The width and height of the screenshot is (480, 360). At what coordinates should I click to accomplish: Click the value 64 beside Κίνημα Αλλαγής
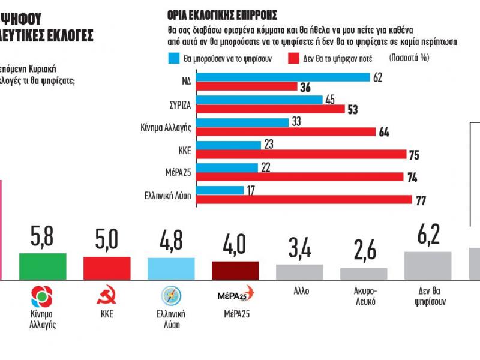(385, 132)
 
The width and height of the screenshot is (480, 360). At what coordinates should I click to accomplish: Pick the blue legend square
(171, 58)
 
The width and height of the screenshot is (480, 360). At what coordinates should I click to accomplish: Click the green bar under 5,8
(43, 266)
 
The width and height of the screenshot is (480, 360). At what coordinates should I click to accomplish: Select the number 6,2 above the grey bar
(428, 234)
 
